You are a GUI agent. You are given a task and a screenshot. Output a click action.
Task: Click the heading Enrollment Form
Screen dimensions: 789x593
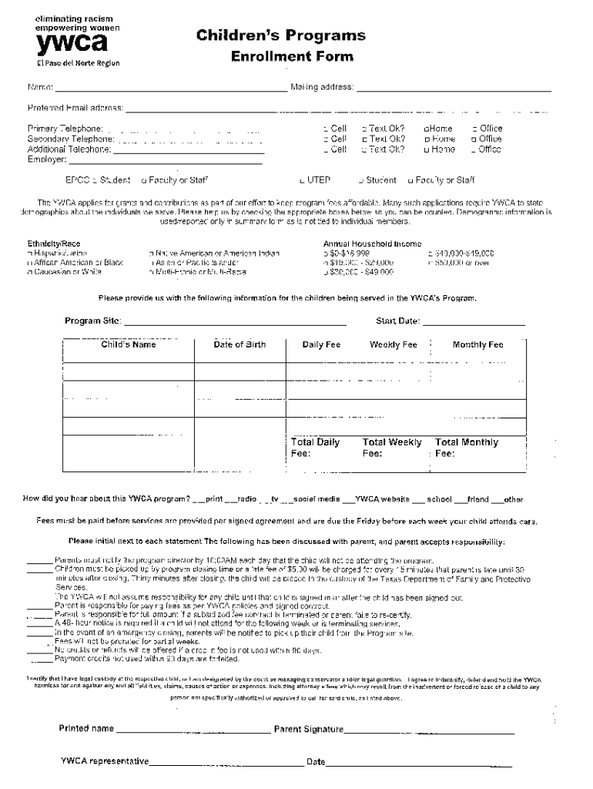[x=292, y=56]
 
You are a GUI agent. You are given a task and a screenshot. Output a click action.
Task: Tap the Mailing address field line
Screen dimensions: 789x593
[x=454, y=90]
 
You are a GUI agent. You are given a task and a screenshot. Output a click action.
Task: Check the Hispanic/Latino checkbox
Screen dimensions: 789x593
[x=30, y=253]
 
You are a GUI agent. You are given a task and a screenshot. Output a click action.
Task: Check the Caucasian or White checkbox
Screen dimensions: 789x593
[x=30, y=272]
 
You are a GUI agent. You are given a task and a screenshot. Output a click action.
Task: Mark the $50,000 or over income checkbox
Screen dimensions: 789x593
[x=429, y=263]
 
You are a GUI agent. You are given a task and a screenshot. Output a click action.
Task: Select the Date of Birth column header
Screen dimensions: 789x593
[x=240, y=345]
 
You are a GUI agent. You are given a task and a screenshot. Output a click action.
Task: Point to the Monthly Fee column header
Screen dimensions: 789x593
[x=477, y=345]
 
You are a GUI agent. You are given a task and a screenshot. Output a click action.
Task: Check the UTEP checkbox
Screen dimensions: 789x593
[x=303, y=181]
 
